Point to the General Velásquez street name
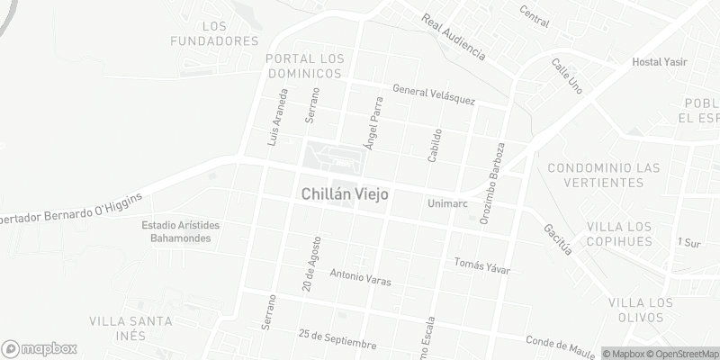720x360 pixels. [x=433, y=94]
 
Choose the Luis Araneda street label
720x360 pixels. [x=278, y=118]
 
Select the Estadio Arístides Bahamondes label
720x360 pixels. [x=181, y=231]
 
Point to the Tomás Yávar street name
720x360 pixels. [x=482, y=265]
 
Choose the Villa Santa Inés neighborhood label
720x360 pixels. [x=130, y=328]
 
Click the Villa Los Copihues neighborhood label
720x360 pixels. [x=629, y=233]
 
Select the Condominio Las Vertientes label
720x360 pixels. [x=604, y=175]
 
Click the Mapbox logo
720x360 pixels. [x=40, y=348]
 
